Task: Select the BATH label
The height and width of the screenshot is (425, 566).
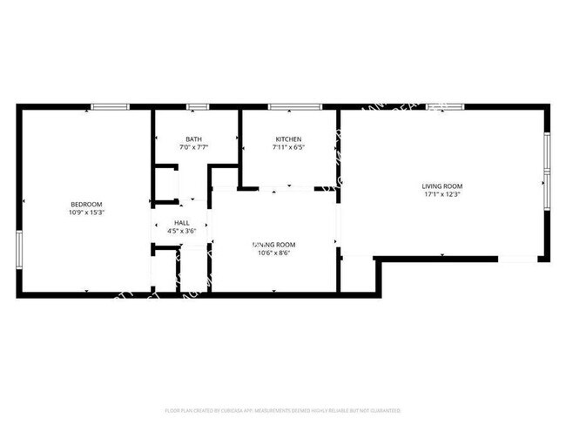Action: coord(193,139)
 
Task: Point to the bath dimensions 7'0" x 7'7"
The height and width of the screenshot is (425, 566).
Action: coord(193,148)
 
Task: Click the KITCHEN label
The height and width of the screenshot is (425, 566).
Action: coord(288,139)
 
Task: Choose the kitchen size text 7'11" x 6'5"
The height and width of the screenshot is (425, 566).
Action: coord(288,148)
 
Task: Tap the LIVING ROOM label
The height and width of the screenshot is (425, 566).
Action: coord(442,186)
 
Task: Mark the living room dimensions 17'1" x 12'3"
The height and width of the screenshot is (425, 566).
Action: coord(442,194)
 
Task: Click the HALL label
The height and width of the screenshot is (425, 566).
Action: coord(182,223)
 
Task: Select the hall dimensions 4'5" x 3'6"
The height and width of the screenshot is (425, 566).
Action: coord(182,232)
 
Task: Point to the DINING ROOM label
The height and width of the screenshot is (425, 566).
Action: coord(274,245)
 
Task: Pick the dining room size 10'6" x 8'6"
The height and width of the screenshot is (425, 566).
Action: coord(274,253)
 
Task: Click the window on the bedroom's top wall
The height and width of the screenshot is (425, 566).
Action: coord(111,107)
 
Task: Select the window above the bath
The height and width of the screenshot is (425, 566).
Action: coord(198,107)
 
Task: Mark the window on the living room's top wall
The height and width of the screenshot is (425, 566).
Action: coord(444,107)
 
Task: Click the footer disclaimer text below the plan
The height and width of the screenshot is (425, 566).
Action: coord(283,409)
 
